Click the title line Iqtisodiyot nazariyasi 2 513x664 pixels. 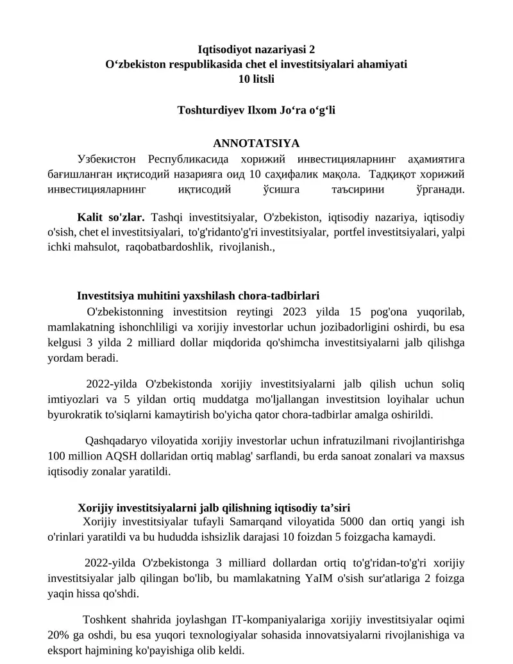point(256,49)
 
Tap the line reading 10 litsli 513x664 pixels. point(256,79)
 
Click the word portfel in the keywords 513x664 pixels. point(347,232)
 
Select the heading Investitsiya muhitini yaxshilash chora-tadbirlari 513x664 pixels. point(198,296)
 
